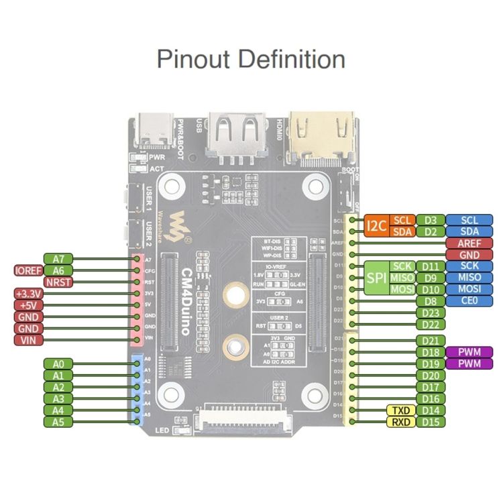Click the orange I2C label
[376, 226]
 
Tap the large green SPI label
[376, 278]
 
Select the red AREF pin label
[468, 243]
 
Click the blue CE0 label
[468, 301]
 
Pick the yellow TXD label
[399, 410]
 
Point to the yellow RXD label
[399, 422]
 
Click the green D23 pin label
[431, 313]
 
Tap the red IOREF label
[29, 270]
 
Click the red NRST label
[58, 282]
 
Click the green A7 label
[58, 258]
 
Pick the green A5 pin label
[58, 422]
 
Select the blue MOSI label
[468, 289]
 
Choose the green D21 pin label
[431, 341]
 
